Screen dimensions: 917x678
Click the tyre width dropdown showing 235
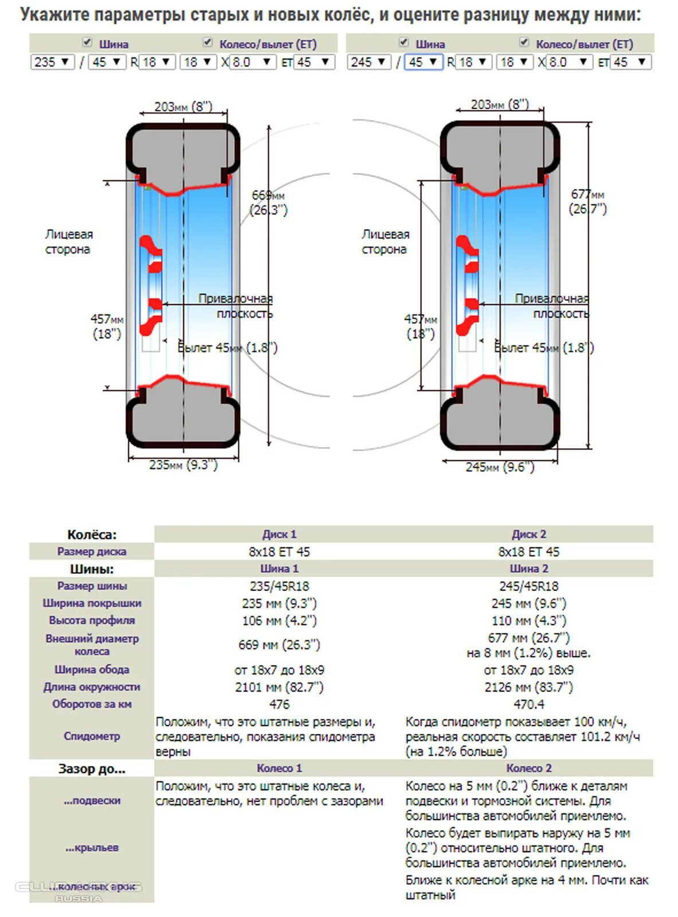pos(52,62)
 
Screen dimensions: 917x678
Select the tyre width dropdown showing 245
pos(369,62)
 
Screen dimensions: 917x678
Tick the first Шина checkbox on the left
pos(87,42)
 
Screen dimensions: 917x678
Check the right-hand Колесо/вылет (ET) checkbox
pos(524,42)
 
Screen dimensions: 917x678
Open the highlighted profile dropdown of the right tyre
pos(424,62)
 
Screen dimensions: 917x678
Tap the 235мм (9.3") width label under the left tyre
pos(183,465)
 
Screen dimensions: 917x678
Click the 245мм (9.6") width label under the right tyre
pos(500,467)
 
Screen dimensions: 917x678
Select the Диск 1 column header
pos(279,534)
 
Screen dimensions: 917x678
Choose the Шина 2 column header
pos(528,569)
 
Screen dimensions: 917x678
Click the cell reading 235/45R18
pos(279,586)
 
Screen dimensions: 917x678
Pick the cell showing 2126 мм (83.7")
pos(528,687)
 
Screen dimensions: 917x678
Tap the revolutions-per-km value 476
pos(279,704)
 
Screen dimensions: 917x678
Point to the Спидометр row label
pos(92,736)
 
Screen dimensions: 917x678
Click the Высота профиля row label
pos(92,620)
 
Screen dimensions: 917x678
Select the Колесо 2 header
pos(528,768)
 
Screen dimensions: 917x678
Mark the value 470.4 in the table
pos(528,704)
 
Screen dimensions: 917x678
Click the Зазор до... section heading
pos(92,769)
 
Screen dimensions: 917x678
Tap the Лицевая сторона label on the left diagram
pos(68,242)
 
